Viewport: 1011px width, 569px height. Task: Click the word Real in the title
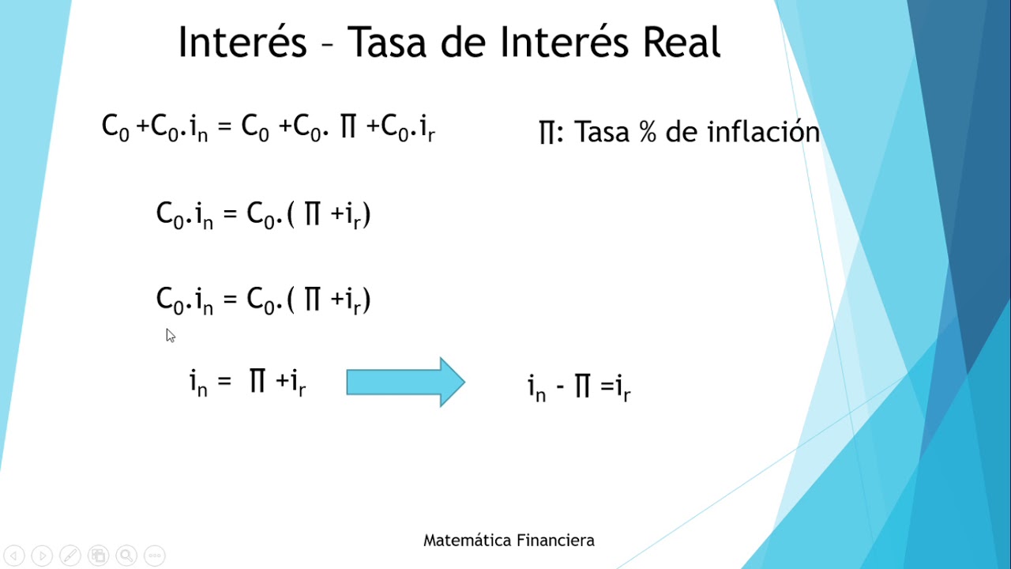[682, 43]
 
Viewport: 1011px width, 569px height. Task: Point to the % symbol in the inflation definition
[648, 132]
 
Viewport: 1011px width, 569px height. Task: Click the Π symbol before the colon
[547, 133]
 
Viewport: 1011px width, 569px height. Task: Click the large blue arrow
[405, 382]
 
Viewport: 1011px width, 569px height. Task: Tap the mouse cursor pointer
[170, 335]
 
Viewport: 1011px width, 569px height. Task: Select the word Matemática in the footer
[467, 541]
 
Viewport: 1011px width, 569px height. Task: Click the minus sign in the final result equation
[560, 389]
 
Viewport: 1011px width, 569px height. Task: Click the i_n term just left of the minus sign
[536, 388]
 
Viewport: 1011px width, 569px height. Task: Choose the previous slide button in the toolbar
[15, 556]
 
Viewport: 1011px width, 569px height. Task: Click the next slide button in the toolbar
[43, 556]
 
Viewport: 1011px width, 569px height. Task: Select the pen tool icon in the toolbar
[70, 556]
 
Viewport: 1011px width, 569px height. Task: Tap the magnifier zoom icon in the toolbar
[126, 556]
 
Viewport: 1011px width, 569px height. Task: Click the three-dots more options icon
[154, 556]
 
